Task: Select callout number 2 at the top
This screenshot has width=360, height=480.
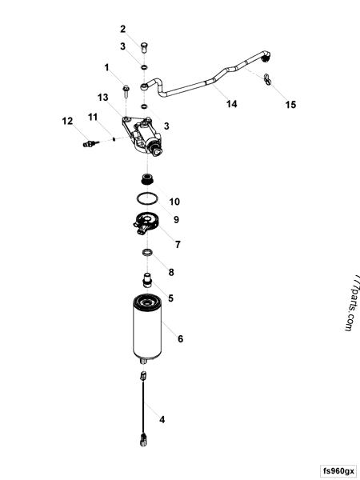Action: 123,28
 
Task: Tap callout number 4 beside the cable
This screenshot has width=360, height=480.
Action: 162,418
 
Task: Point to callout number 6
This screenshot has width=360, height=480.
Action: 181,338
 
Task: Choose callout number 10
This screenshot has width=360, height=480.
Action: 174,202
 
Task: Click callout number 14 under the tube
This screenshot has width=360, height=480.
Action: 232,103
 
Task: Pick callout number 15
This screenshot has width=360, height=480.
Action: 290,104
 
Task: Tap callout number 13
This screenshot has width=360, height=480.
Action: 103,97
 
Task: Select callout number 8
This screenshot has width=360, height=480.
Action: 170,272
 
